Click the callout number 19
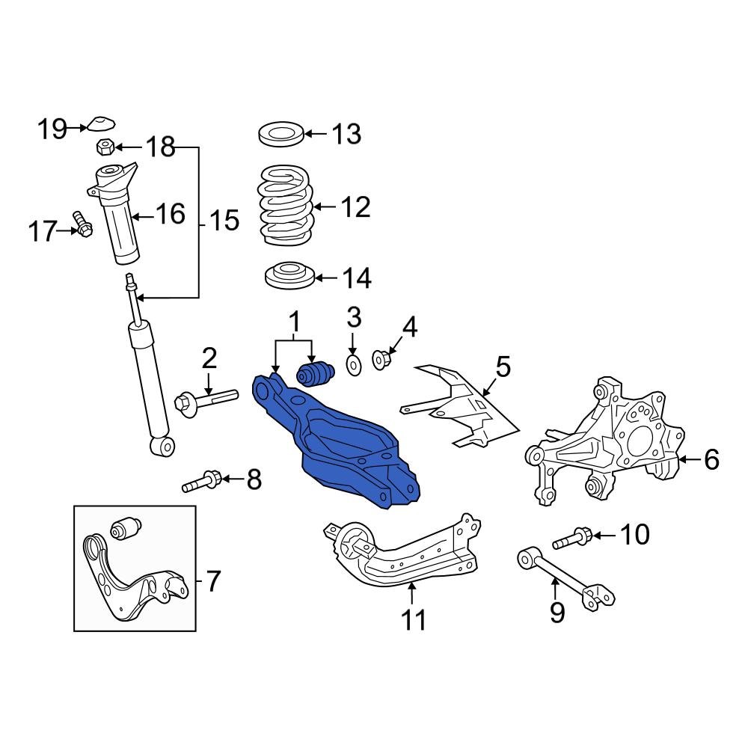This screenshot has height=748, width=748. (x=53, y=129)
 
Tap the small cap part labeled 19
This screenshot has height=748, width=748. (x=99, y=125)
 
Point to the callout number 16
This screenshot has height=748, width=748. (x=170, y=214)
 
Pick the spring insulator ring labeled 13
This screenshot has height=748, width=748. (x=280, y=135)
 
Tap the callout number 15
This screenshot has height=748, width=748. (x=223, y=221)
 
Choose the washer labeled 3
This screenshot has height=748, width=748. (x=353, y=364)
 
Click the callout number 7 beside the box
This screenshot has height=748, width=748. (x=213, y=580)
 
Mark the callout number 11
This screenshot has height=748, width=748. (x=413, y=619)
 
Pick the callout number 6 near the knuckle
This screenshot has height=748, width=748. (x=711, y=459)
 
